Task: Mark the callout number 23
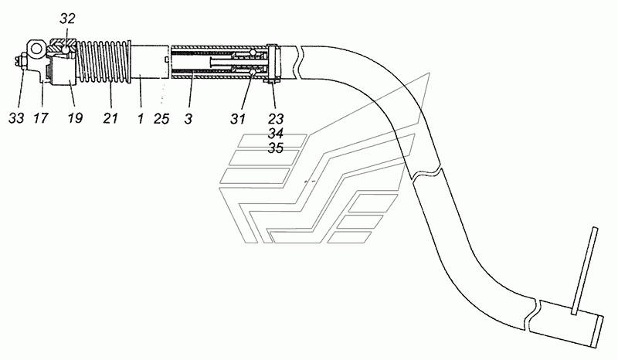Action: tap(275, 119)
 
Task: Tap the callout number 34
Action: tap(275, 134)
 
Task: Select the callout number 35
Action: tap(275, 148)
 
